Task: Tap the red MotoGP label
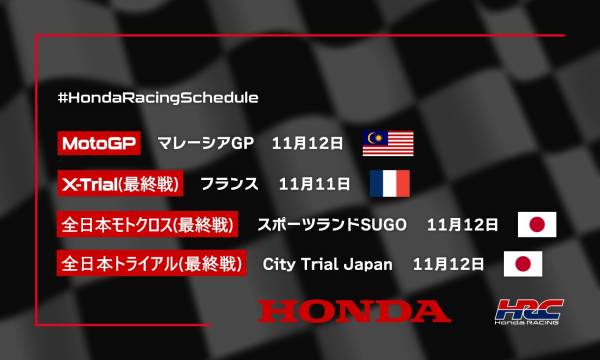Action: pos(98,143)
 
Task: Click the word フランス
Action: pos(229,184)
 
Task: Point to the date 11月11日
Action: pos(315,184)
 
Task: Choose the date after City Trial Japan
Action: pos(448,266)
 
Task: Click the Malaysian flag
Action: pos(386,143)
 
